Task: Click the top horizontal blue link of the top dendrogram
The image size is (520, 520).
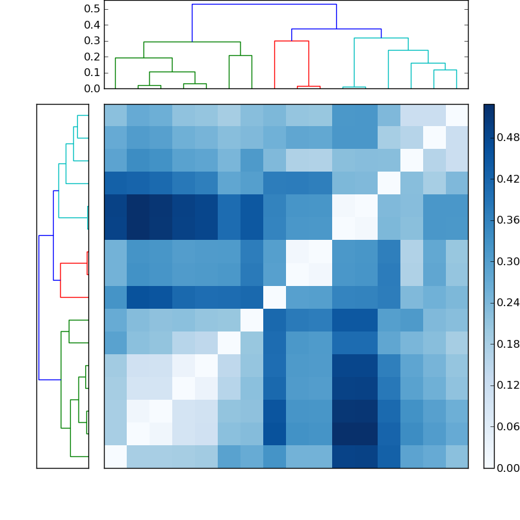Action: click(x=264, y=5)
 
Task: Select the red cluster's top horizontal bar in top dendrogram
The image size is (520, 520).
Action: click(x=291, y=41)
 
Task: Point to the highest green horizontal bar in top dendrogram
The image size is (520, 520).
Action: click(x=192, y=42)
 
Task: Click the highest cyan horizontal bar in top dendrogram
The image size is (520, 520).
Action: click(x=381, y=38)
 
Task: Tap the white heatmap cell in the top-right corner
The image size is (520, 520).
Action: click(x=456, y=115)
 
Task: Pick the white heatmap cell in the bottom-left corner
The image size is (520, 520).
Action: click(x=115, y=456)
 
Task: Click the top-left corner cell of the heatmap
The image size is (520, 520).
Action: click(x=115, y=115)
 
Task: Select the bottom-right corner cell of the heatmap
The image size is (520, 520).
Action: click(x=456, y=456)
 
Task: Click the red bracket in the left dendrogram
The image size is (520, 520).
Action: click(x=60, y=279)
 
